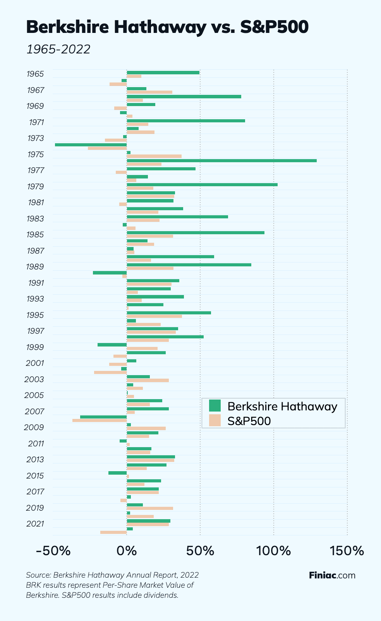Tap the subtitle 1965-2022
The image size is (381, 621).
58,49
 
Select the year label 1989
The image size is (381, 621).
35,267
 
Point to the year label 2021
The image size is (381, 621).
35,524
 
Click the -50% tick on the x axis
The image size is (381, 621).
53,550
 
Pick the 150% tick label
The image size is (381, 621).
347,550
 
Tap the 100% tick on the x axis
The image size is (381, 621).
274,550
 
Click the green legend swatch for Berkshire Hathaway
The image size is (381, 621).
215,406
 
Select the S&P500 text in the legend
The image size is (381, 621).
249,420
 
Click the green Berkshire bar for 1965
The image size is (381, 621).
163,72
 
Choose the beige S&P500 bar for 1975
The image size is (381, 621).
154,156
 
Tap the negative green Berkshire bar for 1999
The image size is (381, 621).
112,345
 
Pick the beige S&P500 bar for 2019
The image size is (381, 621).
150,508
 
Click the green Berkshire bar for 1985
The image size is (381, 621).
196,233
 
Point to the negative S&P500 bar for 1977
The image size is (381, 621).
121,172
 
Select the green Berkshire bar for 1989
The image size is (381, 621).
189,265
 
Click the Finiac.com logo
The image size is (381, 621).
332,575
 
